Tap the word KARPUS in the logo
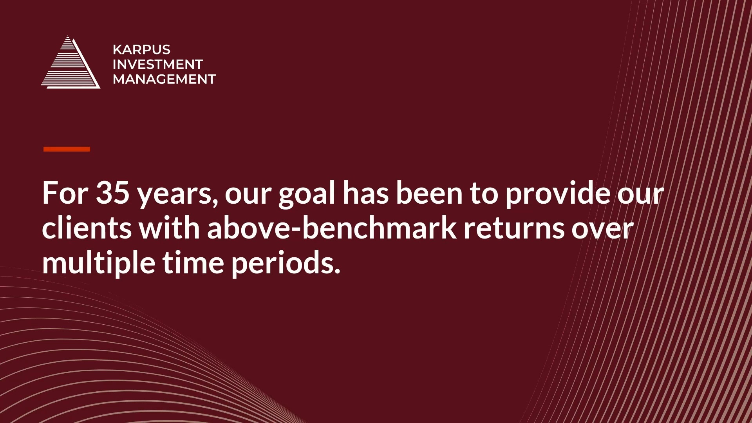141,49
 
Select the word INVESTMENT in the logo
157,64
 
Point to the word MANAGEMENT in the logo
164,79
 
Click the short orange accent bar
67,149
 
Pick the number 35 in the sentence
112,193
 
